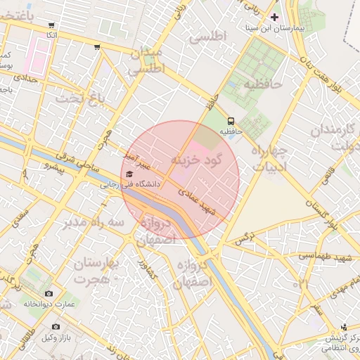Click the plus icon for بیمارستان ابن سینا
[x=274, y=16]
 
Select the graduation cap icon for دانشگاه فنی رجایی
[x=129, y=174]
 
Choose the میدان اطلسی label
[x=148, y=61]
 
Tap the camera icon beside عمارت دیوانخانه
[x=49, y=293]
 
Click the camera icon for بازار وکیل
[x=56, y=327]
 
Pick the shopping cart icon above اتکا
[x=52, y=25]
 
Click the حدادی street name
[x=22, y=79]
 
